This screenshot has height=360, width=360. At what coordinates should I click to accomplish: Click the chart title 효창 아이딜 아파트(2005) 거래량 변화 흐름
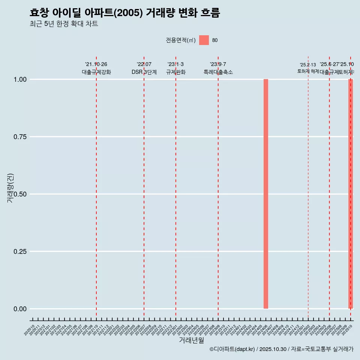tap(124, 13)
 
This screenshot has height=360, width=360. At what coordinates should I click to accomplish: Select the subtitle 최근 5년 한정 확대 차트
tap(64, 24)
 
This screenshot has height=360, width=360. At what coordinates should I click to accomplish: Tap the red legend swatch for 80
tap(204, 40)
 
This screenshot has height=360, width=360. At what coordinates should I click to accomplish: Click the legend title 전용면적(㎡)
tap(180, 40)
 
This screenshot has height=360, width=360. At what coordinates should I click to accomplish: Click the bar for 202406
tap(266, 194)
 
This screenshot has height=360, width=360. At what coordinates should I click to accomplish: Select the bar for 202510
tap(351, 194)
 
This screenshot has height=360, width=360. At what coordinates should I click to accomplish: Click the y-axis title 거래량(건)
tap(10, 188)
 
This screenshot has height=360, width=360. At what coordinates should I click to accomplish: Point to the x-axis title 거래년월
tap(191, 340)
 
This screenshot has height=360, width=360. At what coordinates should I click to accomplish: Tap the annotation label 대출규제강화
tap(96, 72)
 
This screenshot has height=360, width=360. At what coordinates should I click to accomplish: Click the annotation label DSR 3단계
tap(144, 72)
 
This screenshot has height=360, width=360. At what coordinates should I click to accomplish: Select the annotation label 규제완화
tap(176, 72)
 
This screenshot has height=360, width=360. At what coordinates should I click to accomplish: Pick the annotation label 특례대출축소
tap(218, 72)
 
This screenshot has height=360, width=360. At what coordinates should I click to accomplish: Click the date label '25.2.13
tap(308, 65)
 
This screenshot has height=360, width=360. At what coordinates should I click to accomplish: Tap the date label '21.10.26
tap(96, 64)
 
